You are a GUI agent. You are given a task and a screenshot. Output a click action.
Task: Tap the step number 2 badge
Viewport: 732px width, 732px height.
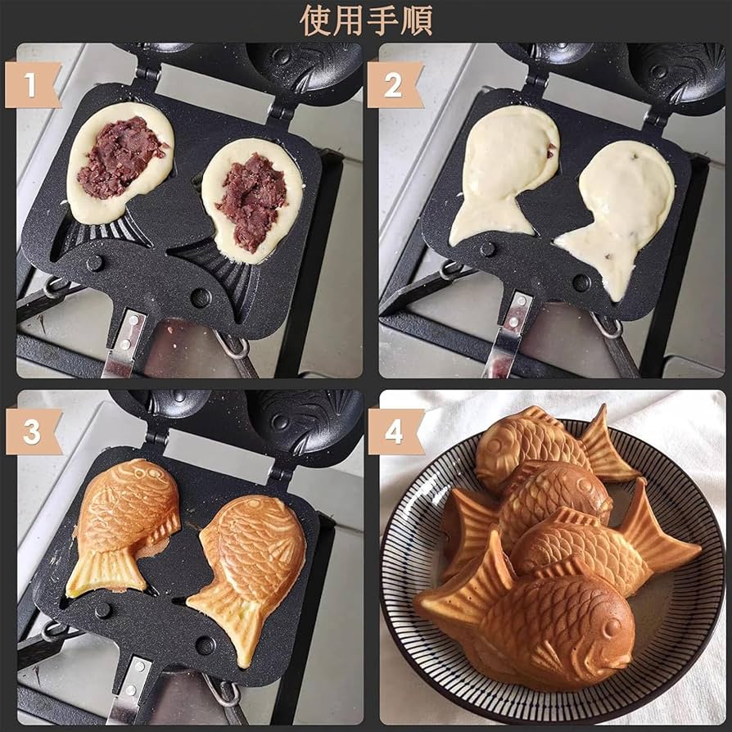pyautogui.click(x=393, y=85)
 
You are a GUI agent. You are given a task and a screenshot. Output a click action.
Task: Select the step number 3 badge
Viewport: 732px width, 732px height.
pyautogui.click(x=32, y=432)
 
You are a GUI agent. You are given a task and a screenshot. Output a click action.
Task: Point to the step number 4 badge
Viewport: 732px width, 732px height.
pyautogui.click(x=394, y=432)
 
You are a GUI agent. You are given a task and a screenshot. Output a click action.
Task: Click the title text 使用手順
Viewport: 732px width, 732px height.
pyautogui.click(x=365, y=20)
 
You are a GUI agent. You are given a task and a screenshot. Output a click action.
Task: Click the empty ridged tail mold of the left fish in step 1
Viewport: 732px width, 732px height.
pyautogui.click(x=106, y=234)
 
